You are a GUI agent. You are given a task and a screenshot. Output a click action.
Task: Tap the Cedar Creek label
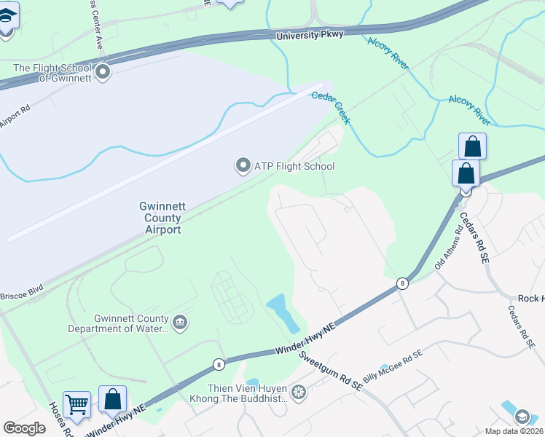[332, 107]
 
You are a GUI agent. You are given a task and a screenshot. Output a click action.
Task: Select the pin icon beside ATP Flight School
[243, 166]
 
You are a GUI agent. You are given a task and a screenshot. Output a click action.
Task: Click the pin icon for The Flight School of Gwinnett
[103, 71]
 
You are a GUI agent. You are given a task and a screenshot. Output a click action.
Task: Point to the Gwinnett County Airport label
[160, 218]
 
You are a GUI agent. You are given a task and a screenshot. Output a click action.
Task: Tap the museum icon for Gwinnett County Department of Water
[180, 321]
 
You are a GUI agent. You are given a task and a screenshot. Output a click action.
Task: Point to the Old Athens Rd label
[449, 251]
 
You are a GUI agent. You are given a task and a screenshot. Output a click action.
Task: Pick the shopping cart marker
[77, 403]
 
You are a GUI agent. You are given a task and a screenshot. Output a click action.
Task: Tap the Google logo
[25, 428]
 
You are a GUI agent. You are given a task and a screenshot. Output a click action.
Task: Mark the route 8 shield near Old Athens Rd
[401, 283]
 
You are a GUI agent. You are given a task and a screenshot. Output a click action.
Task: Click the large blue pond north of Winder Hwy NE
[281, 312]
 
